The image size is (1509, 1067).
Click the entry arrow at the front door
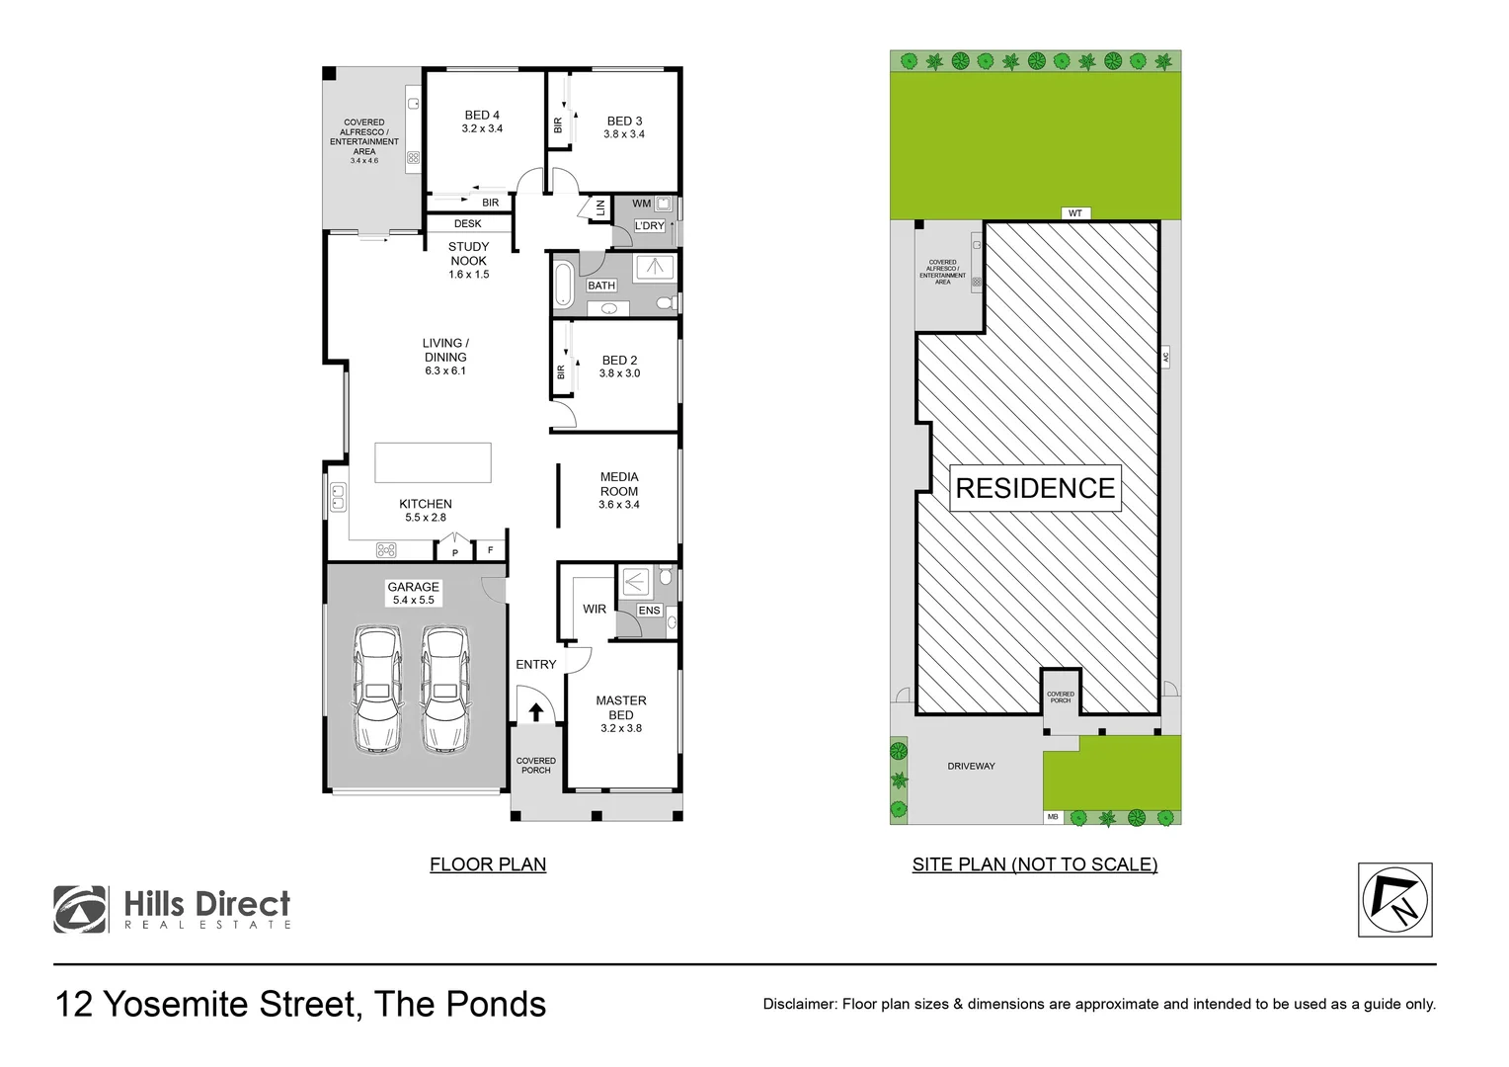pos(536,711)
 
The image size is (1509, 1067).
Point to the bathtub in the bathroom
pos(564,284)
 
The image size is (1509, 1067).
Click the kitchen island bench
pos(433,462)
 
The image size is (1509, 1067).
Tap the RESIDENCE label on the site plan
pos(1035,488)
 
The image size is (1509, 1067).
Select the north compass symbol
pos(1394,900)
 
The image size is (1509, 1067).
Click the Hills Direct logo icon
pos(80,909)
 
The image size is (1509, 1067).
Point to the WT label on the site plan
pos(1074,213)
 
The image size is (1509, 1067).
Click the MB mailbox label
pos(1053,817)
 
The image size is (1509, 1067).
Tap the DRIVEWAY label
pos(971,766)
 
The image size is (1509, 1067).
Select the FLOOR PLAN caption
pos(488,864)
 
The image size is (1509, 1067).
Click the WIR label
pos(595,610)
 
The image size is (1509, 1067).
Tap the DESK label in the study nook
pos(468,224)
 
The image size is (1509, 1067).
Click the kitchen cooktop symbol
pos(386,550)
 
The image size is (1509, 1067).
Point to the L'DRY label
pos(649,226)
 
